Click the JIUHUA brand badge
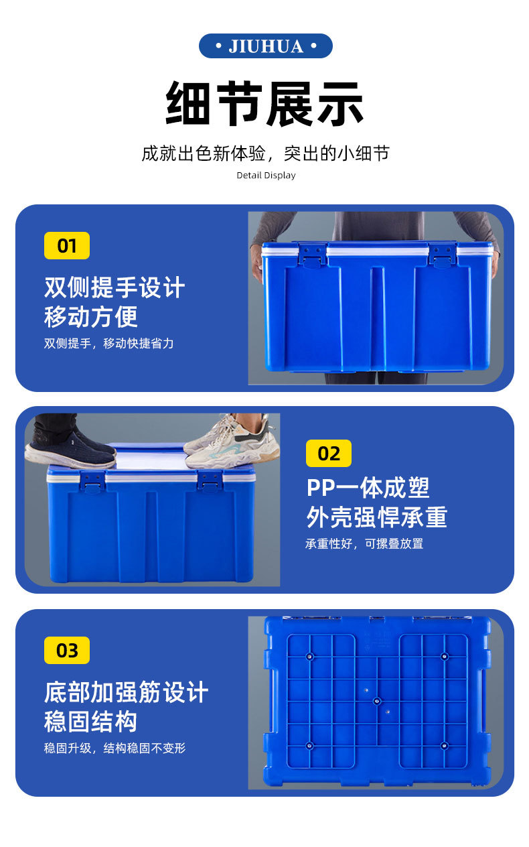click(266, 46)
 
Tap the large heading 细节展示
click(264, 104)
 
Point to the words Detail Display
click(266, 176)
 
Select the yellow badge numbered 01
click(67, 245)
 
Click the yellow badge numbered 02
click(329, 454)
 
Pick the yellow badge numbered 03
click(67, 651)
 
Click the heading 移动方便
click(90, 317)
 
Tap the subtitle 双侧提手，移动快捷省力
click(109, 343)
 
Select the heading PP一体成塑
click(368, 488)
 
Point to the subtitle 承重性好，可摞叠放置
click(364, 543)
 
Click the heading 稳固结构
click(90, 722)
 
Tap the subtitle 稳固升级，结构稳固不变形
click(115, 748)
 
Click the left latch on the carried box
click(313, 255)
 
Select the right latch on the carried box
click(443, 255)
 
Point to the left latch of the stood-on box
click(92, 482)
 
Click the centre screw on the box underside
click(377, 702)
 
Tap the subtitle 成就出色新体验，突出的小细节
click(266, 153)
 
